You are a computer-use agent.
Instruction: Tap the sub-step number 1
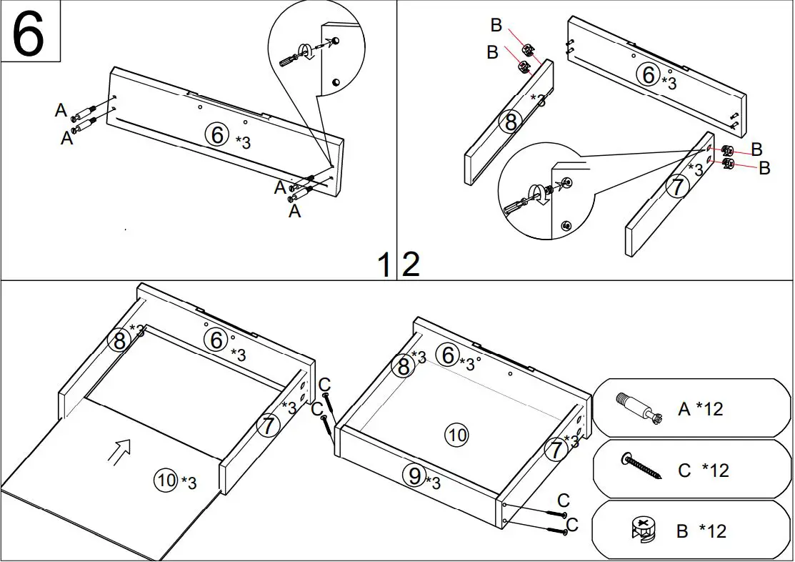tap(384, 265)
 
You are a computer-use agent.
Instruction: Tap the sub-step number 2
tap(411, 265)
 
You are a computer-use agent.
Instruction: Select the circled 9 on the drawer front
tap(415, 475)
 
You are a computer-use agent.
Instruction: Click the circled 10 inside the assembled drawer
tap(456, 434)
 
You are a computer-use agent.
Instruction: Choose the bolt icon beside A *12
tap(636, 408)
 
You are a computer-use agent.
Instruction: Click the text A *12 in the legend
tap(700, 409)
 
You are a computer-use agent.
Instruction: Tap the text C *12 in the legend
tap(703, 470)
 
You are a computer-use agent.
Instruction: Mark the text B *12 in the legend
tap(701, 531)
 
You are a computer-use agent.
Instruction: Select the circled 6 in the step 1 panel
tap(217, 134)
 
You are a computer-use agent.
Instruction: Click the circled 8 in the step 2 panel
tap(510, 122)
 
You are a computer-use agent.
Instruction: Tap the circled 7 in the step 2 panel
tap(677, 187)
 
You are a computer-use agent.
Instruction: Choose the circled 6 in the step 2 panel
tap(648, 74)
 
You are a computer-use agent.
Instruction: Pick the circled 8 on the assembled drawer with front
tap(404, 366)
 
